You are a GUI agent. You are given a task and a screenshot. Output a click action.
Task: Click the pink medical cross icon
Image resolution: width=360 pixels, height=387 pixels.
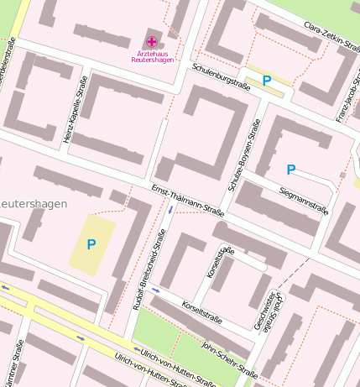[x=151, y=41]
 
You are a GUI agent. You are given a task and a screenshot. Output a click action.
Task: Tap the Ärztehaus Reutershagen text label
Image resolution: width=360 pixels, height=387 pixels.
[x=151, y=57]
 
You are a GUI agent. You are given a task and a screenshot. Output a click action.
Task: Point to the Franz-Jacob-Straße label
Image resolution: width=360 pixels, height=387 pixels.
[x=347, y=97]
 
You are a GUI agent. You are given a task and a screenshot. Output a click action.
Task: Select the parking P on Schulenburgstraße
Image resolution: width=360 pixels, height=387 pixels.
[x=267, y=81]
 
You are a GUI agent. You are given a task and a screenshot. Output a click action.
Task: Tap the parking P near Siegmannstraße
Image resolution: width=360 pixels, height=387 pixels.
[x=291, y=169]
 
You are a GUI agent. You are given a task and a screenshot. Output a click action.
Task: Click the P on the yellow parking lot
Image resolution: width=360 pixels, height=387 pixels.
[x=91, y=244]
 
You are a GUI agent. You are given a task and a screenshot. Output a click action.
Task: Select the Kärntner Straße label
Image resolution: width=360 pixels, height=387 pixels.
[x=16, y=364]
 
